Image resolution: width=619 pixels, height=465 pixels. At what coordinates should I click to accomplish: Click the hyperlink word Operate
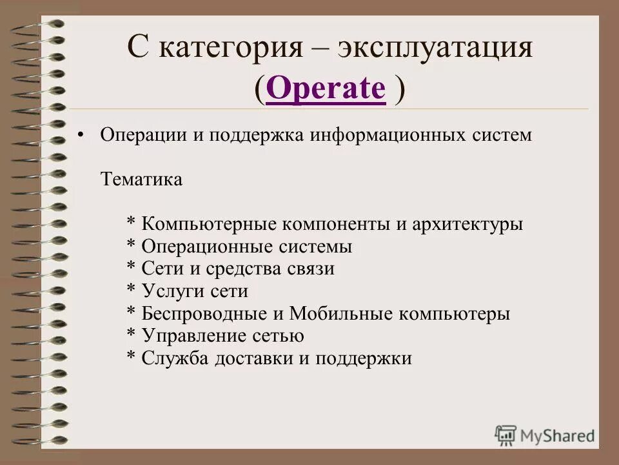(x=325, y=88)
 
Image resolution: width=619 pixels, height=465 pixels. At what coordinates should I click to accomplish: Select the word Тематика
(x=141, y=179)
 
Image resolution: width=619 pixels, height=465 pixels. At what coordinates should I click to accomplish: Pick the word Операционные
(x=202, y=247)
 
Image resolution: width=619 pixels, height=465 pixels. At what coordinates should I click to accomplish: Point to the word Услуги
(x=173, y=291)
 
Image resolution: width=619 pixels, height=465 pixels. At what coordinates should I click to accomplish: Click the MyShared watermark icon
(x=506, y=435)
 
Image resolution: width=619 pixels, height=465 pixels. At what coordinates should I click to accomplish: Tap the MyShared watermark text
(x=558, y=436)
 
